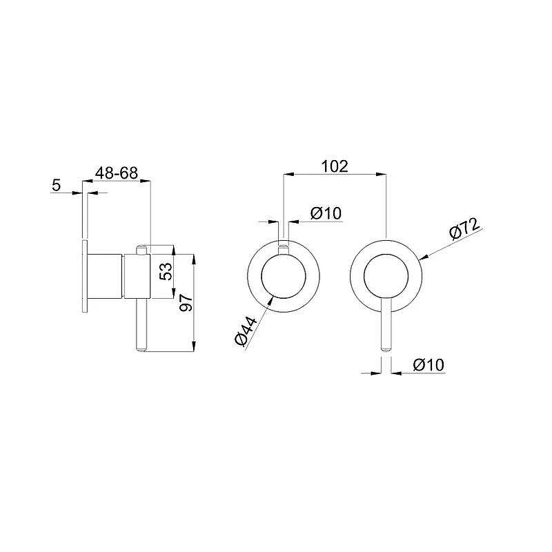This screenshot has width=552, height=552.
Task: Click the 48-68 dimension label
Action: click(117, 173)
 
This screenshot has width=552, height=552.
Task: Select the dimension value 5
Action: click(57, 185)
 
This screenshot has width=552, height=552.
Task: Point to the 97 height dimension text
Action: click(186, 302)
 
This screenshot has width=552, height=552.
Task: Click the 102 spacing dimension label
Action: click(335, 166)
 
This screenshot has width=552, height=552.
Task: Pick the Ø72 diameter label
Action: click(464, 228)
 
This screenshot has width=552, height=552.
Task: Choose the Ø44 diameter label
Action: click(246, 331)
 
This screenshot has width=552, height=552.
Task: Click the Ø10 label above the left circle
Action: click(326, 213)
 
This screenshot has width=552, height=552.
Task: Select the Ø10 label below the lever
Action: click(428, 365)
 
